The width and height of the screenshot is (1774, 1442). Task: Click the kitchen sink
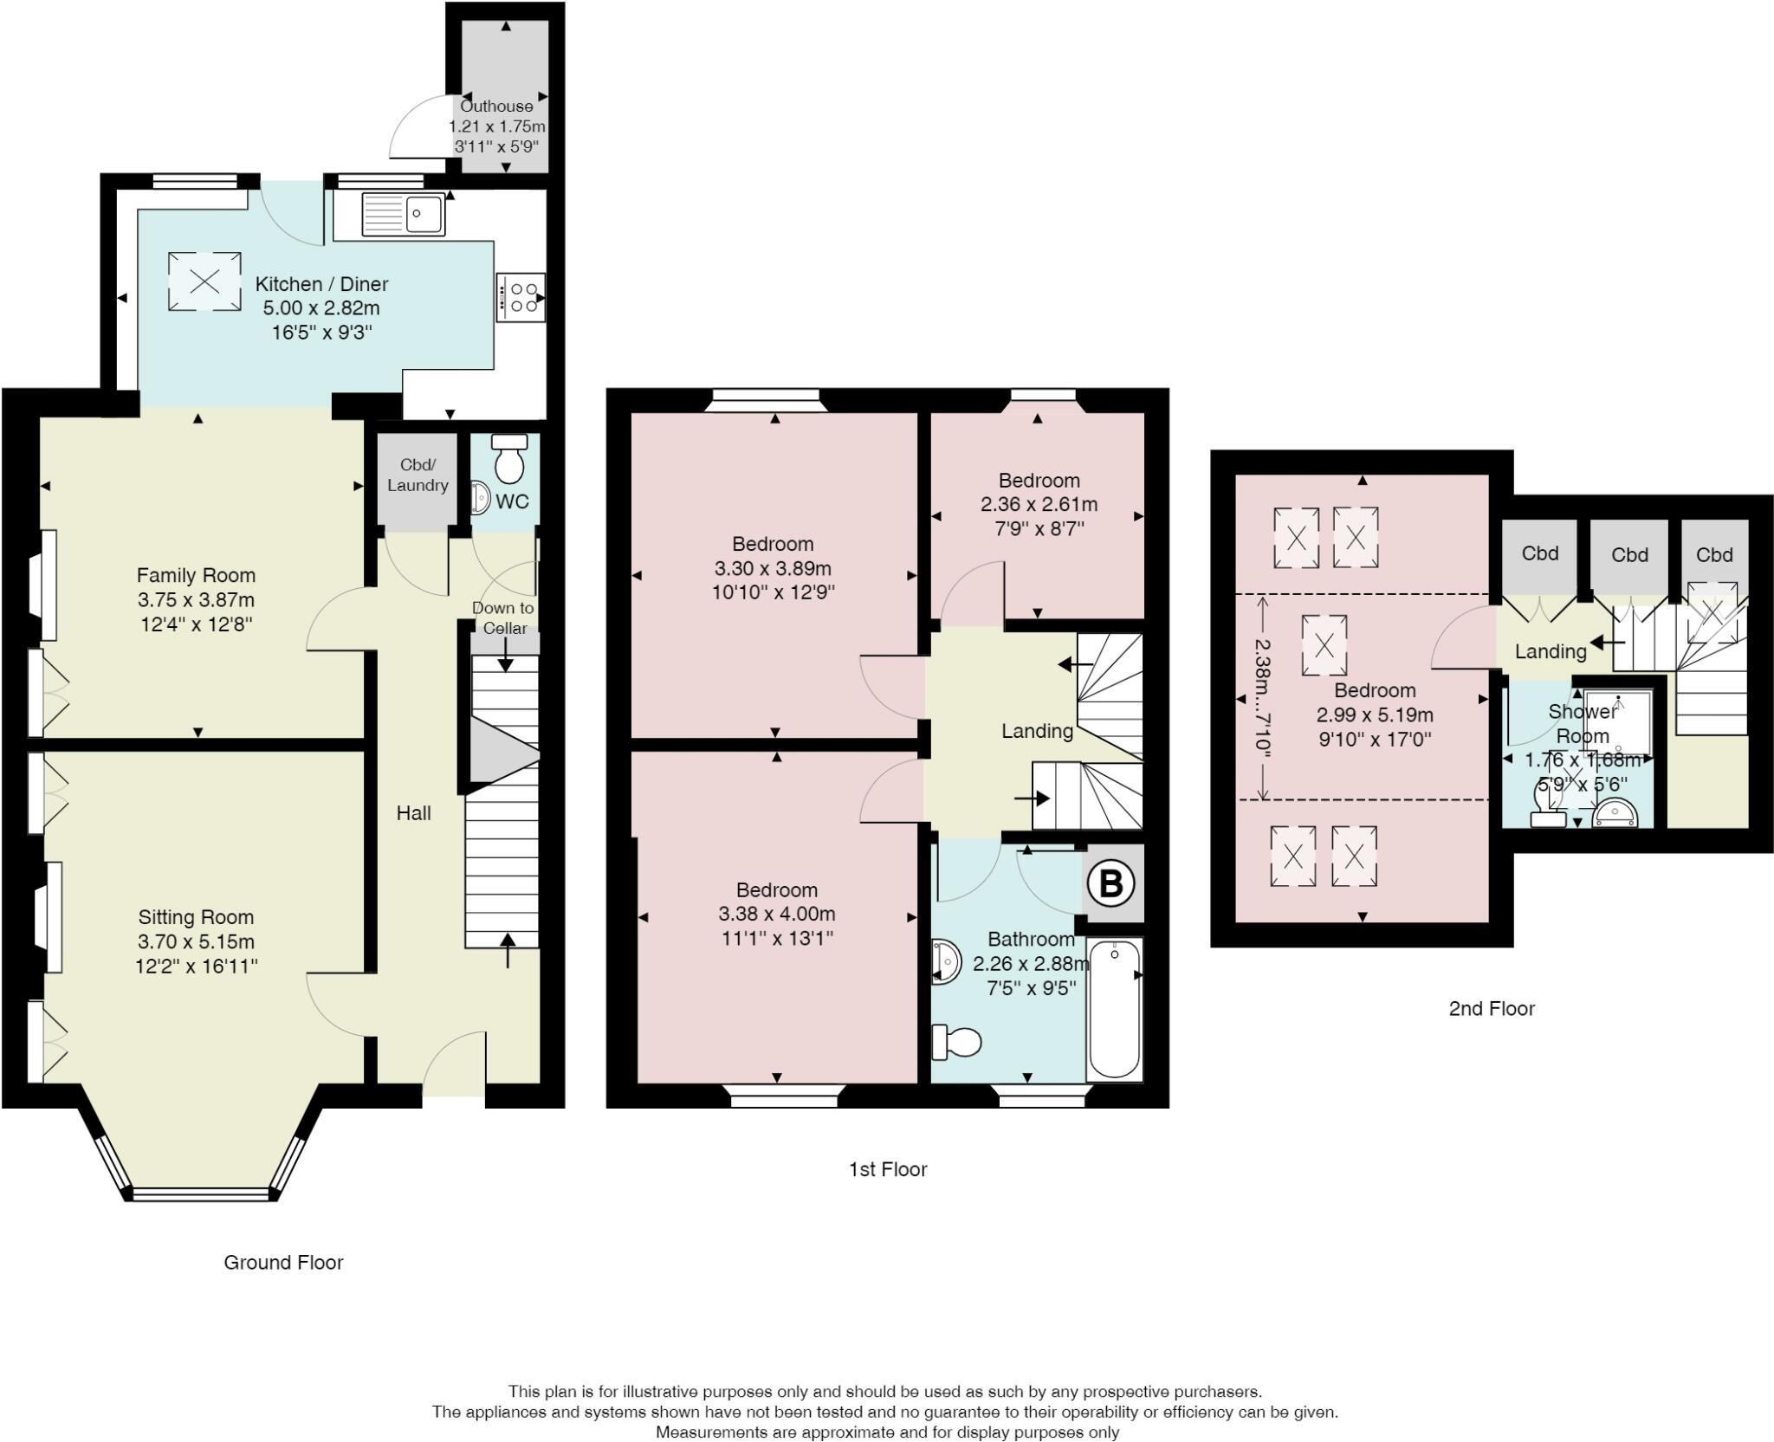(404, 214)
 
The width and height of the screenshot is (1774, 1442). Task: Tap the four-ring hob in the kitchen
(521, 297)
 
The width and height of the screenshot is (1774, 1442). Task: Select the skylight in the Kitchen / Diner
(204, 281)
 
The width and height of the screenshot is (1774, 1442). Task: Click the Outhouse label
(496, 107)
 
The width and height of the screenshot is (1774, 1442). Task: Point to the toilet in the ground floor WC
(508, 458)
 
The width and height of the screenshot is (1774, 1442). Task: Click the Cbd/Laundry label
(418, 475)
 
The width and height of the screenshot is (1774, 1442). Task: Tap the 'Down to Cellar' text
(503, 618)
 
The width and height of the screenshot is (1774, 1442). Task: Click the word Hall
(413, 812)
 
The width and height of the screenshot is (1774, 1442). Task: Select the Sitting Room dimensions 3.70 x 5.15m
(196, 941)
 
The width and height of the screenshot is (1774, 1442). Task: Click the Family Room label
(196, 575)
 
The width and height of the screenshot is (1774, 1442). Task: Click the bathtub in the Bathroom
(1115, 1009)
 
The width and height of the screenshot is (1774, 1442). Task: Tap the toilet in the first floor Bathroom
(955, 1042)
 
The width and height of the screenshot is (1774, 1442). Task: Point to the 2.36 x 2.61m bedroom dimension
(1039, 504)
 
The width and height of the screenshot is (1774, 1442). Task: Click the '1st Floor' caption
(888, 1169)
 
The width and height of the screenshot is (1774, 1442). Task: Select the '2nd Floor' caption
(1492, 1008)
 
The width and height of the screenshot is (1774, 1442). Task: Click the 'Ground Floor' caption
(283, 1263)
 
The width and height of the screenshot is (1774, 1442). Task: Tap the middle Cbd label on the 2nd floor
(1629, 554)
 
